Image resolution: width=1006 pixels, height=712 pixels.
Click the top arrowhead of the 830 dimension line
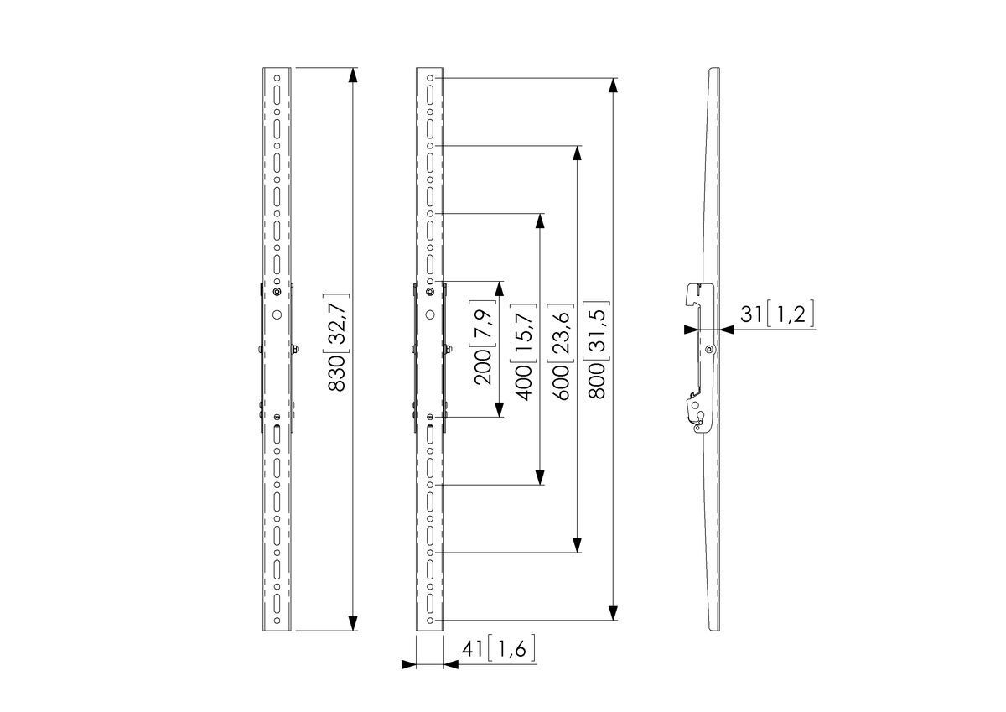353,74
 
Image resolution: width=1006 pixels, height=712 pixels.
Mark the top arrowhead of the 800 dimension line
614,86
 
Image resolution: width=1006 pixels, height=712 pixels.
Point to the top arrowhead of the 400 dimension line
540,221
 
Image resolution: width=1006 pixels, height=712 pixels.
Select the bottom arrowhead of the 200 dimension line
500,410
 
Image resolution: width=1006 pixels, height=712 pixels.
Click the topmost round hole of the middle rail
430,79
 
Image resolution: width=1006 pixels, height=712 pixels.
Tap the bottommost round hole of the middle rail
430,621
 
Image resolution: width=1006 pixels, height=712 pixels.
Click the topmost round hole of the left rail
277,75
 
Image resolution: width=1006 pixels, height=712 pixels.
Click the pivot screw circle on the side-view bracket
709,349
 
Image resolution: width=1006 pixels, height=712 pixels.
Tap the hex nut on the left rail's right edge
297,349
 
